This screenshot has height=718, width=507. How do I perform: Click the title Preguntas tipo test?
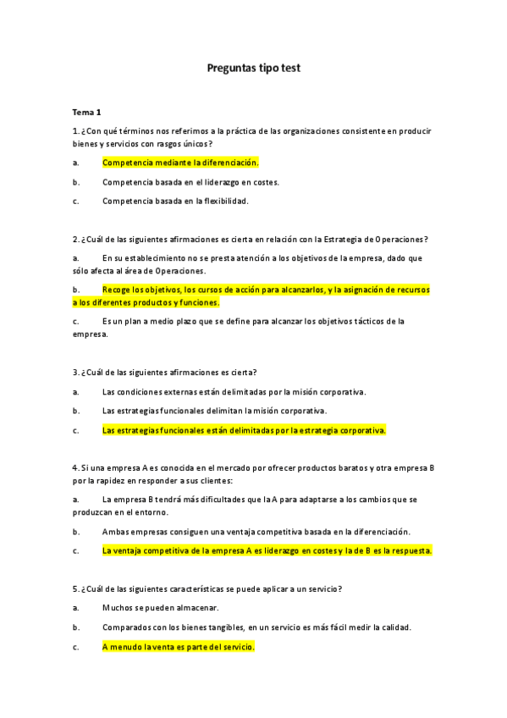[253, 67]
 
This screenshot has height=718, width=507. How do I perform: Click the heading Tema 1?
[86, 112]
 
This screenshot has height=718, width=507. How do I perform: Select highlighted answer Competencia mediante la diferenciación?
[180, 162]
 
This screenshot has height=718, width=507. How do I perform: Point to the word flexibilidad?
[223, 201]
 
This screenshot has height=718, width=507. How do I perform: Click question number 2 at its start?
[75, 239]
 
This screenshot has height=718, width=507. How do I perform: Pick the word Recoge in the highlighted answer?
[116, 290]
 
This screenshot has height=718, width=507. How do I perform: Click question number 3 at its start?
[75, 372]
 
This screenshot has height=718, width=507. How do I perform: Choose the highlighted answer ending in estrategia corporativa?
[244, 430]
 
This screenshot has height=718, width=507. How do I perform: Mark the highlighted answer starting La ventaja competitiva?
[267, 550]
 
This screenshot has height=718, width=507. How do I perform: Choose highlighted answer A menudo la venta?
[178, 647]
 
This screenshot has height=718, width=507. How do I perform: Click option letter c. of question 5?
[76, 647]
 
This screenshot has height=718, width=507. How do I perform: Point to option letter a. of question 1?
[76, 162]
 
